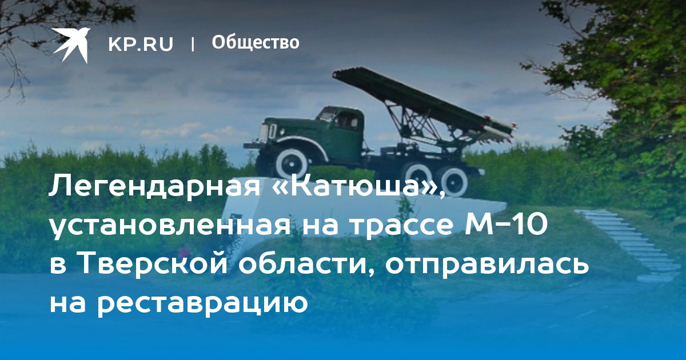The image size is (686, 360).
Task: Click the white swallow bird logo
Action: click(x=71, y=45)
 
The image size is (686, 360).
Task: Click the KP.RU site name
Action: click(x=141, y=44)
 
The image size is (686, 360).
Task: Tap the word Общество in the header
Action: click(x=256, y=42)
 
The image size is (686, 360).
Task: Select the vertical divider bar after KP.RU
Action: click(x=193, y=44)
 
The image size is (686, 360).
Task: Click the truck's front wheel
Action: click(x=291, y=165)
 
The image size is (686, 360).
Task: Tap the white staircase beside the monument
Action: click(x=628, y=245)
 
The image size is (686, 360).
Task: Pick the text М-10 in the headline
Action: click(x=505, y=226)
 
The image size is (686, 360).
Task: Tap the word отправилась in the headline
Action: click(x=487, y=265)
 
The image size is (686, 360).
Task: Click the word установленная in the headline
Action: click(x=170, y=226)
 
